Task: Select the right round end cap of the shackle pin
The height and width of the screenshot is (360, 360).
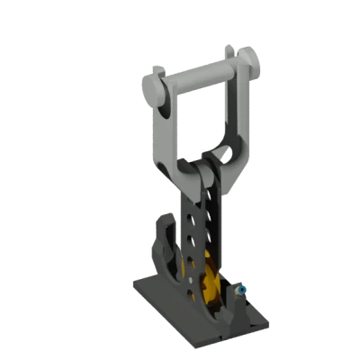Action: point(251,62)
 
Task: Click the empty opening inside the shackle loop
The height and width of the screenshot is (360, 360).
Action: point(198,126)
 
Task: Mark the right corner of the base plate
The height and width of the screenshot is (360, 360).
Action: point(267,320)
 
